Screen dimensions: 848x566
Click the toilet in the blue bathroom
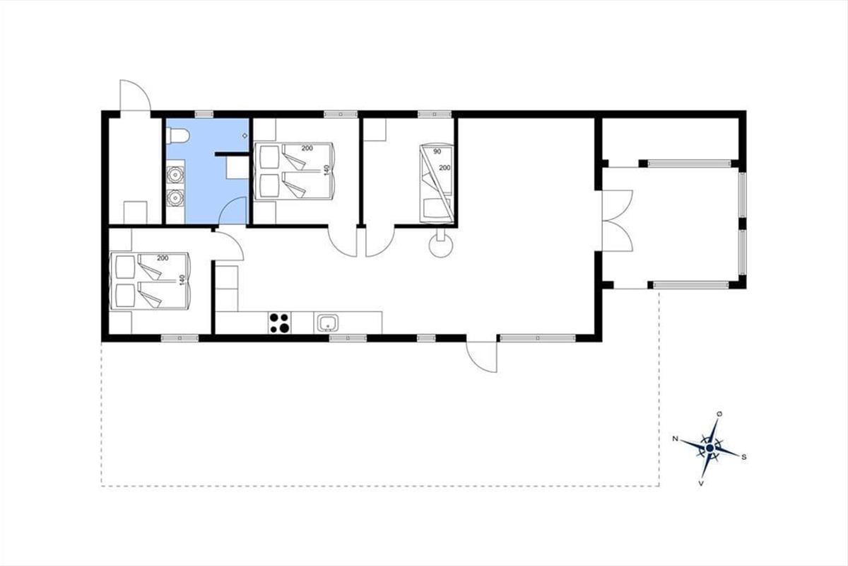177,136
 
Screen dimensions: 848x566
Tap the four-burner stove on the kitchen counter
279,323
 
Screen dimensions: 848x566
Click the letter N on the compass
675,439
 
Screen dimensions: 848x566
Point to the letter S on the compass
743,457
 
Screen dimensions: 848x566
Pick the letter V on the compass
701,483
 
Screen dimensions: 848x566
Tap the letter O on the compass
719,415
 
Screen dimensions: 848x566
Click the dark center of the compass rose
709,449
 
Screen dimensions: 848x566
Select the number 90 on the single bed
437,151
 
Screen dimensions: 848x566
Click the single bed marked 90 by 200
437,183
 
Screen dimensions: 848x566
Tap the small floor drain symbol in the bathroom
245,136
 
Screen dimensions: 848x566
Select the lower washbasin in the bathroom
175,197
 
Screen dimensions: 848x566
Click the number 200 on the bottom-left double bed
163,258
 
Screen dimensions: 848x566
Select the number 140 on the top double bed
327,171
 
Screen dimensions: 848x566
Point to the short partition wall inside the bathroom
232,154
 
